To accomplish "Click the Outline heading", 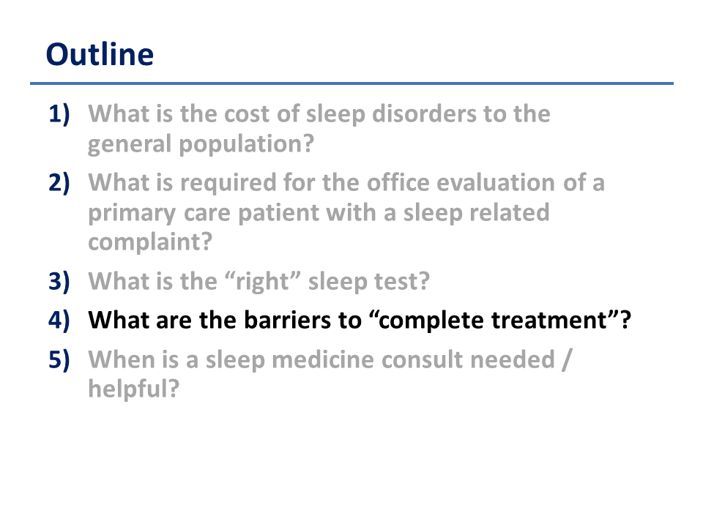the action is tap(100, 54).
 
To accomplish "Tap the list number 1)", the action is tap(59, 114).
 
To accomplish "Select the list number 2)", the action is tap(59, 183).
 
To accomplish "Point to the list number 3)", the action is tap(59, 281).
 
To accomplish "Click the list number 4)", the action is tap(59, 321).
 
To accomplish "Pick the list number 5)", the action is tap(59, 359).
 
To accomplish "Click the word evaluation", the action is tap(496, 183).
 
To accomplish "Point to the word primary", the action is tap(132, 213).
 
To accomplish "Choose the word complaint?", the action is tap(150, 242).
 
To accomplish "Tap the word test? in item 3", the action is tap(402, 281).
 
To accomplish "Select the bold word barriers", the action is tap(285, 321).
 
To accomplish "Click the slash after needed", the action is tap(567, 359).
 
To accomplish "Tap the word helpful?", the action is tap(133, 388).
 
